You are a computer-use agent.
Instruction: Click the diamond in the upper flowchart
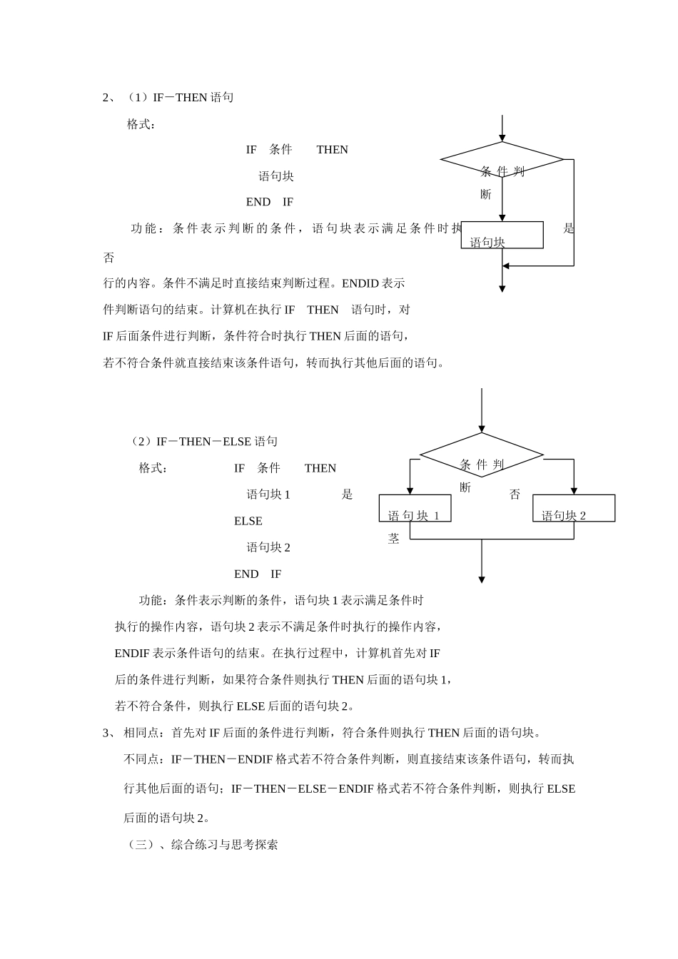click(502, 159)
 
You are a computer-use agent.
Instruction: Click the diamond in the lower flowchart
click(482, 455)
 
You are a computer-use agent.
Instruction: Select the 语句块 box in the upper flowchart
click(502, 235)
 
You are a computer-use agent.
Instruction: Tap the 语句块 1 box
click(415, 508)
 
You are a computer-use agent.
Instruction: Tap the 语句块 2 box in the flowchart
click(574, 508)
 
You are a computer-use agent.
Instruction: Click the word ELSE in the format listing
click(248, 521)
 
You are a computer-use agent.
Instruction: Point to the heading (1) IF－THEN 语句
click(181, 97)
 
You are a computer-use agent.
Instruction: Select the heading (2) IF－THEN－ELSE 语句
click(204, 442)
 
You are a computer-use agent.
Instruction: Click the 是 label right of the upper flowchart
click(569, 228)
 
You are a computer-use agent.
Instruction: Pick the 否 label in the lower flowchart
click(515, 494)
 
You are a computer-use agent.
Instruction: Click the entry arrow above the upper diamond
click(502, 129)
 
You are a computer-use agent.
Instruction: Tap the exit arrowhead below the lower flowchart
click(482, 579)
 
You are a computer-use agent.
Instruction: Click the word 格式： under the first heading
click(141, 124)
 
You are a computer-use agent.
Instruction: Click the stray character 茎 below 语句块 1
click(394, 539)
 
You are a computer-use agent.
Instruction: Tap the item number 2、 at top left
click(109, 97)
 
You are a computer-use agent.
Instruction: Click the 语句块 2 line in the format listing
click(268, 547)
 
